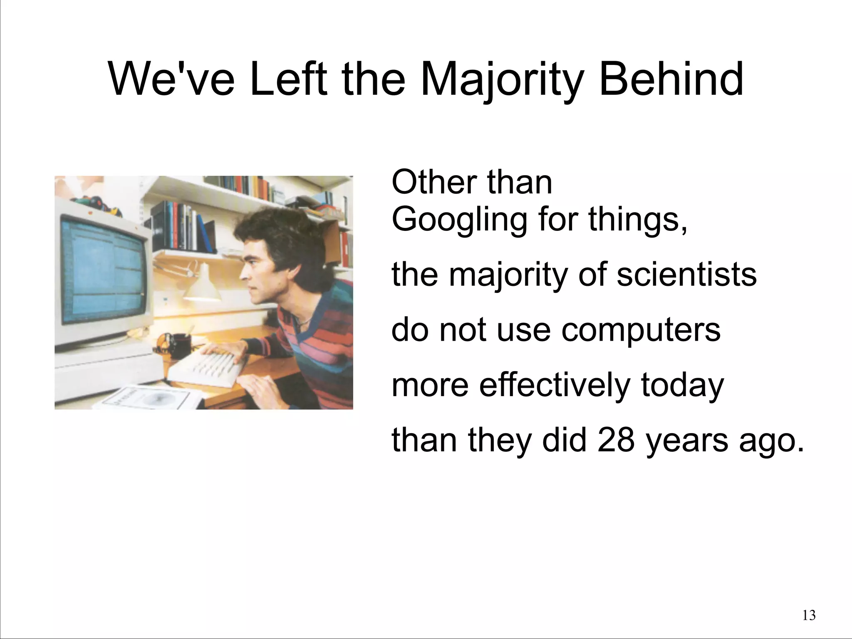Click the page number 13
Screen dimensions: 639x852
[809, 615]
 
